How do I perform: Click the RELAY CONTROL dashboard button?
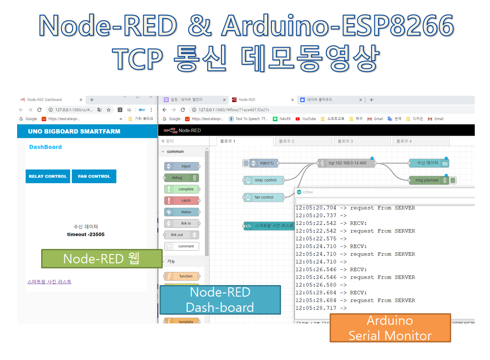(48, 176)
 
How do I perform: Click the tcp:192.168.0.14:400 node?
(347, 163)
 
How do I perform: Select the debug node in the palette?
(182, 178)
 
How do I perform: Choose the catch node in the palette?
(182, 200)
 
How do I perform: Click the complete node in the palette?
(182, 189)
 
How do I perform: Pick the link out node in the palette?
(182, 235)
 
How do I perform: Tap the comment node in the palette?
(182, 246)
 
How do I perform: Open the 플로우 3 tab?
(361, 141)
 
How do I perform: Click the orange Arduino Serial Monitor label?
(390, 328)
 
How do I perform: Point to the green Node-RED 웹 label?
(101, 259)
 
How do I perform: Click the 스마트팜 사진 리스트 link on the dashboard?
(49, 281)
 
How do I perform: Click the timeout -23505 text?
(86, 234)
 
